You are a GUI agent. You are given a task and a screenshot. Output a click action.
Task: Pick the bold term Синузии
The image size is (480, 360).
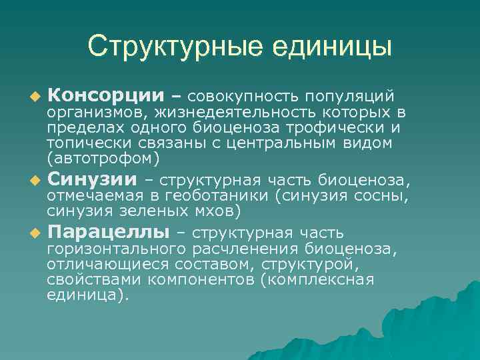click(92, 180)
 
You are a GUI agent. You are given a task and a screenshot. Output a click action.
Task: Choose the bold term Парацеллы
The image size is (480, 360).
click(107, 232)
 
